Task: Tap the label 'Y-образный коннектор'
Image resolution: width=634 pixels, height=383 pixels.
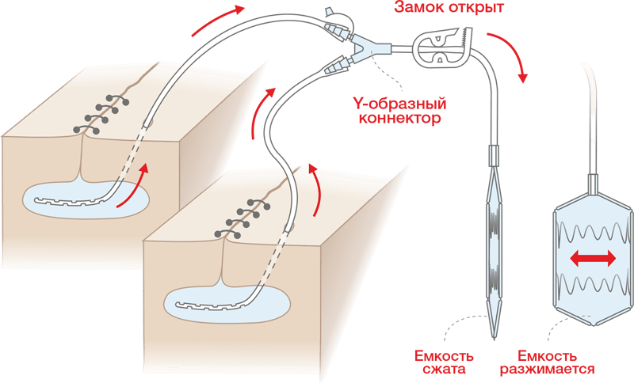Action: [x=397, y=111]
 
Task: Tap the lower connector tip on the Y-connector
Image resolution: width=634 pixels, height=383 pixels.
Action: [x=337, y=68]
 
